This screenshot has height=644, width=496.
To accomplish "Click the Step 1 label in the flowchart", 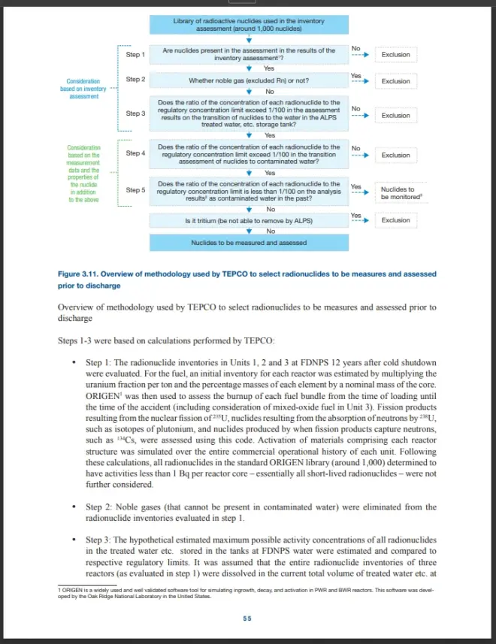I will pos(135,54).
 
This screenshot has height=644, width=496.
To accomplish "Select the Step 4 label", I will pos(135,153).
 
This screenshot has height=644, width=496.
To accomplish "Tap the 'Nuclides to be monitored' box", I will pos(396,193).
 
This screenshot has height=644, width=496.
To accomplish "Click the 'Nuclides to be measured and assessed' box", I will pos(248,243).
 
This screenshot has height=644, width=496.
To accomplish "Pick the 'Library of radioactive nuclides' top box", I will pos(248,25).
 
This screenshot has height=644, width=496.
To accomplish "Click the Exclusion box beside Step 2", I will pos(396,81).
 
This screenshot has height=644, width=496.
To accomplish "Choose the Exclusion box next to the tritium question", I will pos(396,220).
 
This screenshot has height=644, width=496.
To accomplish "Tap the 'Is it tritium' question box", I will pos(248,221).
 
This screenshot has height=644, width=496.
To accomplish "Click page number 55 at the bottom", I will pos(247,618).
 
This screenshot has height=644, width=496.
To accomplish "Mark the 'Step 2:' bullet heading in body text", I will pos(103,507).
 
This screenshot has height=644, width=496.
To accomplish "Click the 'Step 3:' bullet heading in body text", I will pos(103,540).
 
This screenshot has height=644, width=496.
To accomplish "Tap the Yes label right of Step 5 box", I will pos(355,186).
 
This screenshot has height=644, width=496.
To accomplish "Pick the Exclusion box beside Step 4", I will pos(396,156).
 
